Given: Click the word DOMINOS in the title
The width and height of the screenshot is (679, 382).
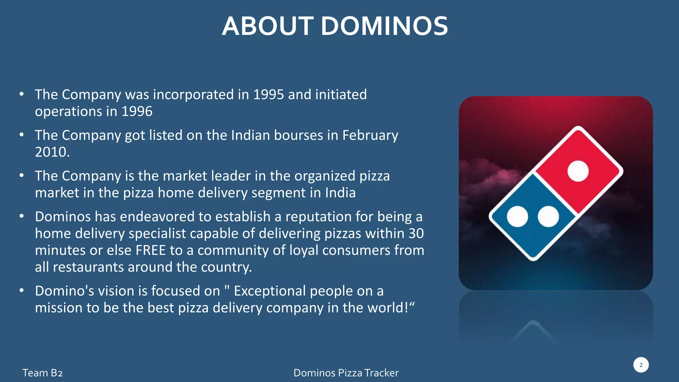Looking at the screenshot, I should click(384, 26).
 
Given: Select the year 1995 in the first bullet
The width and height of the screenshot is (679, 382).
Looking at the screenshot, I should click(269, 95).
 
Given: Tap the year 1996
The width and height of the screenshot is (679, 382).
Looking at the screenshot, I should click(137, 111).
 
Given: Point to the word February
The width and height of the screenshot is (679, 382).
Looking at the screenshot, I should click(370, 135).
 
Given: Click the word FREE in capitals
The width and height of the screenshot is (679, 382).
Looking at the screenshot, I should click(151, 250).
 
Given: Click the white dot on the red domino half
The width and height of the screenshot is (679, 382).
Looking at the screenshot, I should click(578, 171).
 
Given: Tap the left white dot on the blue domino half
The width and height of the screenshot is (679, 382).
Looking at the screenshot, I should click(517, 217).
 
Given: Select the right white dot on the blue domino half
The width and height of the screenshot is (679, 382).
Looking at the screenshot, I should click(548, 217).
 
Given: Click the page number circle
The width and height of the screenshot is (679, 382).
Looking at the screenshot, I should click(641, 365).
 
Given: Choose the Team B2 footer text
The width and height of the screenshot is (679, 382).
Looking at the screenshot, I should click(42, 373).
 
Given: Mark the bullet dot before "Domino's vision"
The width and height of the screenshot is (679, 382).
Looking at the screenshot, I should click(22, 290).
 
